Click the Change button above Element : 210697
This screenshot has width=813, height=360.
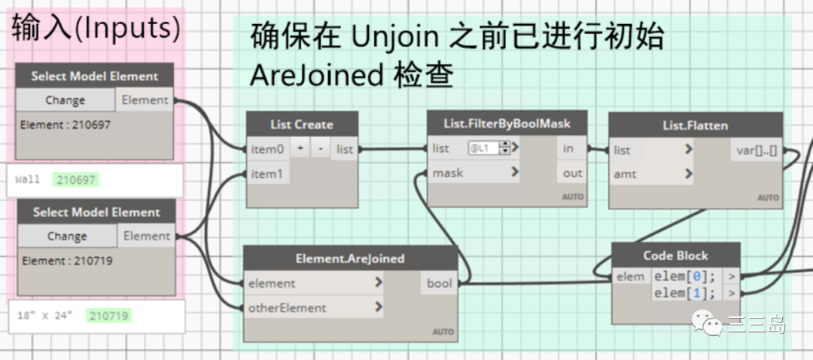coord(65,100)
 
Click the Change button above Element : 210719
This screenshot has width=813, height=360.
coord(66,236)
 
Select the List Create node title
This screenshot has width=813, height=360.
coord(302,124)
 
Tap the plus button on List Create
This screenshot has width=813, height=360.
coord(300,149)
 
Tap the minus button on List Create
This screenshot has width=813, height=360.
coord(320,149)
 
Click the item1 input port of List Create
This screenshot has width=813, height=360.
coord(266,174)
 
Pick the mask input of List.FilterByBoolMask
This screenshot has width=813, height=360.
coord(448,173)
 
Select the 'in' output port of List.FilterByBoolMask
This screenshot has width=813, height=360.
coord(568,148)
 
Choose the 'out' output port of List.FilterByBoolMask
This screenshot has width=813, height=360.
coord(572,173)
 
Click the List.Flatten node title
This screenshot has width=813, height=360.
coord(695,125)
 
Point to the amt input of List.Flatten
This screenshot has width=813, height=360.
coord(626,174)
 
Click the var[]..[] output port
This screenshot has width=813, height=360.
coord(756,150)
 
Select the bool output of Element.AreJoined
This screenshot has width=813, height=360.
coord(439,283)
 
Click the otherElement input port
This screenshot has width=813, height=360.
coord(288,307)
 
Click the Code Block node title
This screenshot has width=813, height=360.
coord(675,255)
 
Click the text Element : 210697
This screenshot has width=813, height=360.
coord(66,125)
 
